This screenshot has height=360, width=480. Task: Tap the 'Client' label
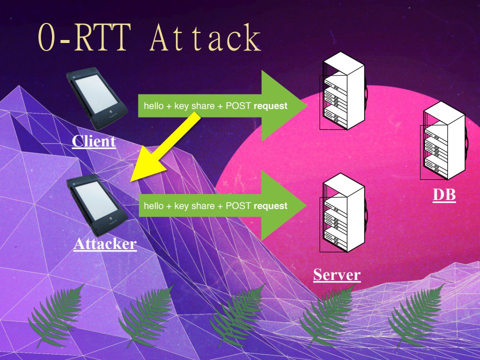pos(93,141)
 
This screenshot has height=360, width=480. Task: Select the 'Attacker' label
pos(105,243)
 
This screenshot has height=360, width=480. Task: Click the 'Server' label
pos(336,274)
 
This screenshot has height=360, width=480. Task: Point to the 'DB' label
pos(444,194)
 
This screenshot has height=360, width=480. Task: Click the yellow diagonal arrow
pos(165,147)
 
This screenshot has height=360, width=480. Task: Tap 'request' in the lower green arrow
pos(270,205)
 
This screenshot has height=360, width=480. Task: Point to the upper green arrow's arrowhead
pos(285,105)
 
